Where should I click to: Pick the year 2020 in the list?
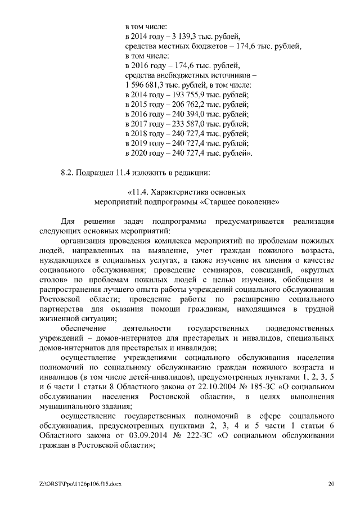click(x=141, y=152)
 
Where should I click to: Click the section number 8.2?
click(x=67, y=172)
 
